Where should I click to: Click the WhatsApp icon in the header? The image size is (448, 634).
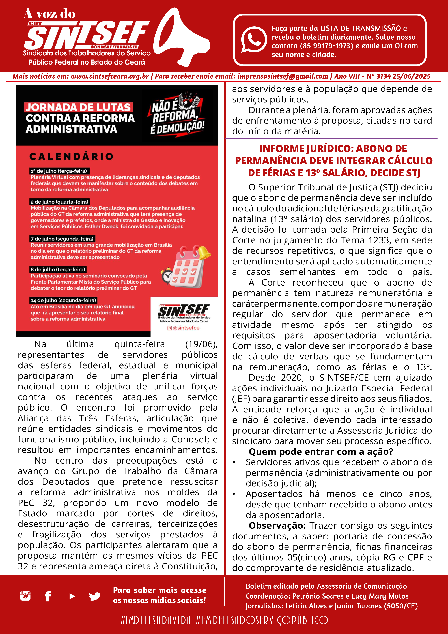coord(254,39)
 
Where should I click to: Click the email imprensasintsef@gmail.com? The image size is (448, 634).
coord(283,76)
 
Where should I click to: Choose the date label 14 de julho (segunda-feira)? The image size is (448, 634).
coord(63,300)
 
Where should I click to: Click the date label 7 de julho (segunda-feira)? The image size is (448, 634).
coord(62,239)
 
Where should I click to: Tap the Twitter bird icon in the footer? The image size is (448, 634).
coord(94,596)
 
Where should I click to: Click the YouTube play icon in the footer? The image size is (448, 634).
coord(72,596)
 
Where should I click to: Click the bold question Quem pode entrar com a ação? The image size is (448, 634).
coord(321,451)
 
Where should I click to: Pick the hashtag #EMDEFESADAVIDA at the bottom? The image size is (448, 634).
coord(155,620)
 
